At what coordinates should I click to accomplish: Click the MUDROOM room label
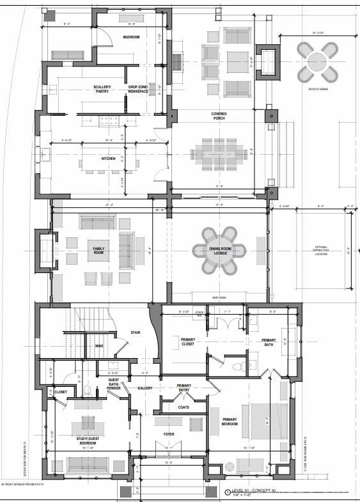pos(132,37)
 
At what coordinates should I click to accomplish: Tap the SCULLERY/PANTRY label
pos(102,89)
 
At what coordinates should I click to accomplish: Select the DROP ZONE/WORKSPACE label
pos(137,89)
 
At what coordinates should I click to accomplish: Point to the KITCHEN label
pos(108,159)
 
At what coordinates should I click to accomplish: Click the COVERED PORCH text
pos(219,116)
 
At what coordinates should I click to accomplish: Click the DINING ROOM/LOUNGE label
pos(219,251)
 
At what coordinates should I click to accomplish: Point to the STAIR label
pos(135,333)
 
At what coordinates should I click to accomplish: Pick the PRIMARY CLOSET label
pos(187,341)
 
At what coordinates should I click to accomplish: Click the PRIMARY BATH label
pos(269,343)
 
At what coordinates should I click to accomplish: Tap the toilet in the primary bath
pos(237,367)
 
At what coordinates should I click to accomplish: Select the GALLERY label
pos(144,388)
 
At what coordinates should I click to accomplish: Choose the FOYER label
pos(169,434)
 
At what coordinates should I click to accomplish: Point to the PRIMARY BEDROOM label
pos(229,422)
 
